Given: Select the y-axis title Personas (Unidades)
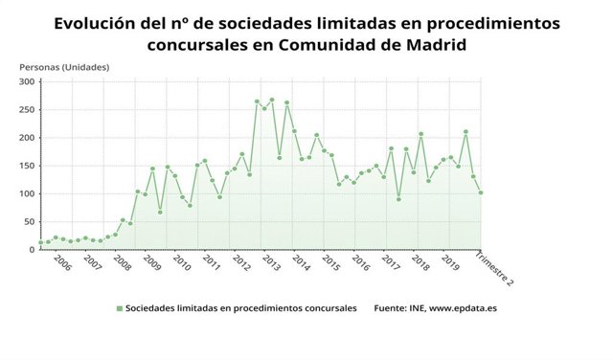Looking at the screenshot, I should (x=64, y=67).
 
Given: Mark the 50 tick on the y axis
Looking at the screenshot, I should (x=29, y=221).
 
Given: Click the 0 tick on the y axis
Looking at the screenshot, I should (x=32, y=249).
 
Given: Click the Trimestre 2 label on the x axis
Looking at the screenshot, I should (x=496, y=269).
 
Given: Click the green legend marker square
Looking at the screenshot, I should (x=120, y=308).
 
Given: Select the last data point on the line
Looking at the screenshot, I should (x=481, y=192).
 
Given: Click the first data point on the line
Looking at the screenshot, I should (x=40, y=242).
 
